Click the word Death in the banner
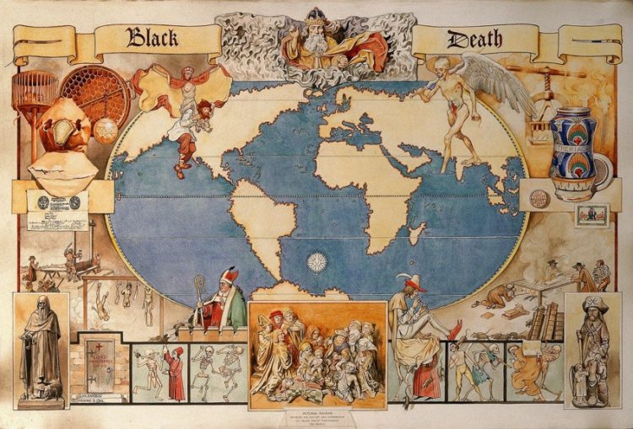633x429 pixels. coord(474,38)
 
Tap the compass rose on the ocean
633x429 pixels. coord(317,262)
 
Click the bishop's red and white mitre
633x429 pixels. coord(230,276)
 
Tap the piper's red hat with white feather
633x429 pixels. coord(414,284)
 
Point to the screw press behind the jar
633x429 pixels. coord(549,93)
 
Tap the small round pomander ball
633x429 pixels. coord(106,129)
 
